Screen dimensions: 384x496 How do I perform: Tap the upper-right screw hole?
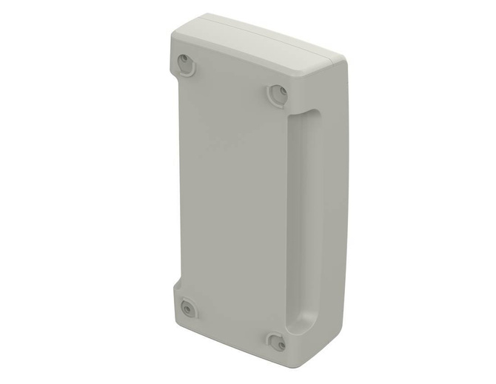click(277, 94)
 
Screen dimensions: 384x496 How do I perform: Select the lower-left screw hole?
click(187, 307)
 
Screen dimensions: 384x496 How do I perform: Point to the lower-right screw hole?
click(277, 342)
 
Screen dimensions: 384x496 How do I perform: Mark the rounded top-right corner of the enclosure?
click(341, 61)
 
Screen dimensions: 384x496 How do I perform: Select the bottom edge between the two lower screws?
click(229, 337)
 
